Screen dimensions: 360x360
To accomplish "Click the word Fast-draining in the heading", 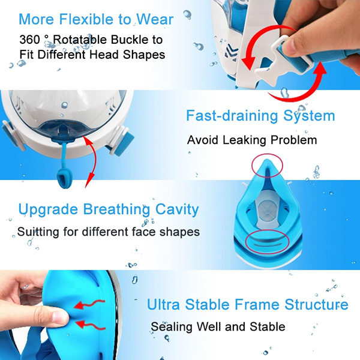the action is (x=233, y=115).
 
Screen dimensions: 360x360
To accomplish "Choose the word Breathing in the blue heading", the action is (x=116, y=209).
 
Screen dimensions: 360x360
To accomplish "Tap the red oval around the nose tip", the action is (x=268, y=166).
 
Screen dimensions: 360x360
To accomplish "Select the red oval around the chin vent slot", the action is (x=267, y=242).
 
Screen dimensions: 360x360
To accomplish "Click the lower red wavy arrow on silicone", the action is (x=90, y=325).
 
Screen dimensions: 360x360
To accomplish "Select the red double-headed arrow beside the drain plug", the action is (x=92, y=161).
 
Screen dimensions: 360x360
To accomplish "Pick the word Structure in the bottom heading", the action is (x=316, y=304).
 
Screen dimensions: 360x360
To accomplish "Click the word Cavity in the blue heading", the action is (x=177, y=209).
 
